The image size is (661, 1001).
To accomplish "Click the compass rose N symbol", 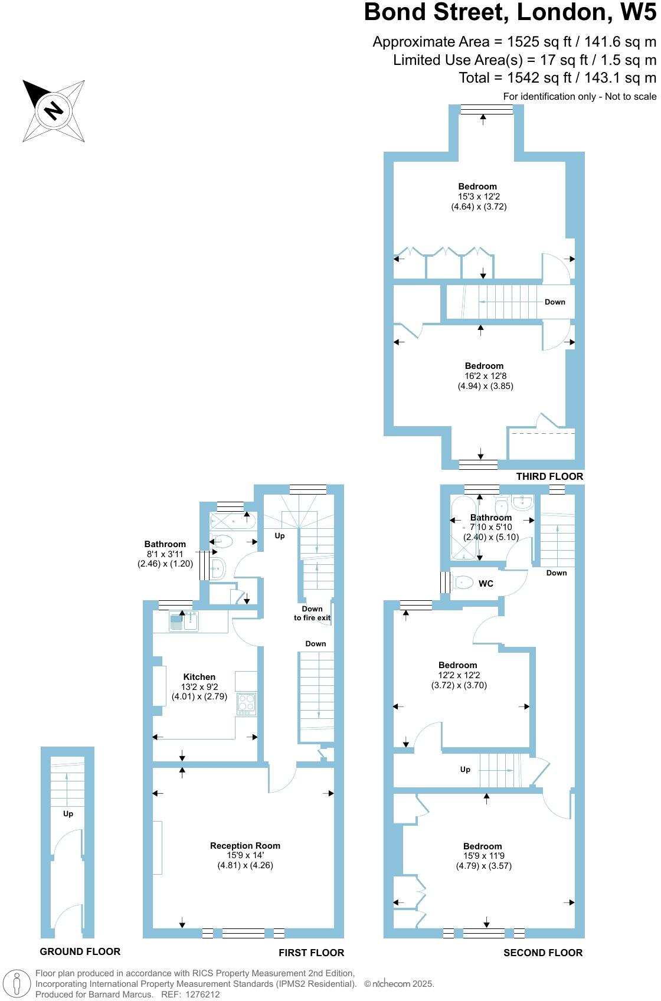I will coord(54,110).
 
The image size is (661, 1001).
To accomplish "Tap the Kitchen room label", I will coord(199,677).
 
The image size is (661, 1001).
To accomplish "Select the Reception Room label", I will coord(245,846).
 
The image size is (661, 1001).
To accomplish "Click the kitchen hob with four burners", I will coord(247,704).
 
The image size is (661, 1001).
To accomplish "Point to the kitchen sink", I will coord(184,621).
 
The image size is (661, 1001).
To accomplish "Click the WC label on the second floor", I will coord(486,584).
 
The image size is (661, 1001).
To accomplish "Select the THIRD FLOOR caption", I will coord(549,476).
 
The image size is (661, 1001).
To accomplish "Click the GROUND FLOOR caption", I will coord(80,951).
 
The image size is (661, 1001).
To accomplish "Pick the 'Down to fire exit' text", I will coord(312,613).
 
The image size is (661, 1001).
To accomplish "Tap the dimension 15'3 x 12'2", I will coord(479,197).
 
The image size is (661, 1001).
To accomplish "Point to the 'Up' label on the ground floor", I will coord(68,814).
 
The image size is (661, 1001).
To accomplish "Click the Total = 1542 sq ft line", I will coord(557,78).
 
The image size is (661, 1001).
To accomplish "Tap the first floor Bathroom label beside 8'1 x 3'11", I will coord(165,544).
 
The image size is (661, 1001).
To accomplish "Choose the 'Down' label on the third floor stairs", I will coord(555,302).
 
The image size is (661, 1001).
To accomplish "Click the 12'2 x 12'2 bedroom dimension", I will coord(459,675).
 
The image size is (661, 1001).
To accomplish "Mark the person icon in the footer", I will coord(17,984).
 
